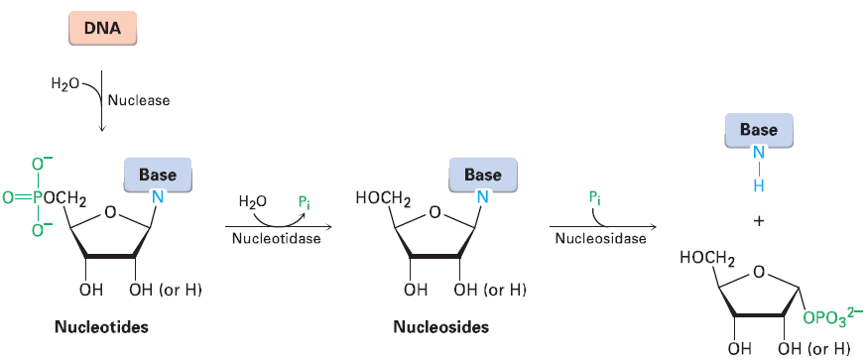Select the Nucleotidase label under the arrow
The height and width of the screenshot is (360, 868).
tap(276, 239)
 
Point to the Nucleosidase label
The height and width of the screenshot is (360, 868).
tap(600, 239)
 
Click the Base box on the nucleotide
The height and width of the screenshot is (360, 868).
tap(158, 176)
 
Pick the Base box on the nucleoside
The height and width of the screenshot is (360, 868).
tap(482, 176)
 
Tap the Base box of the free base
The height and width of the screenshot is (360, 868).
tap(758, 130)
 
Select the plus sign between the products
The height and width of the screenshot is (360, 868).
tap(758, 222)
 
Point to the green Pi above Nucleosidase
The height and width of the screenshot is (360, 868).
tap(594, 198)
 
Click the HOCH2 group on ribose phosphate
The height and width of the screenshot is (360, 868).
tap(707, 261)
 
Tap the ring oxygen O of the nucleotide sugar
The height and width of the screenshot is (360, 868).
tap(111, 210)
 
